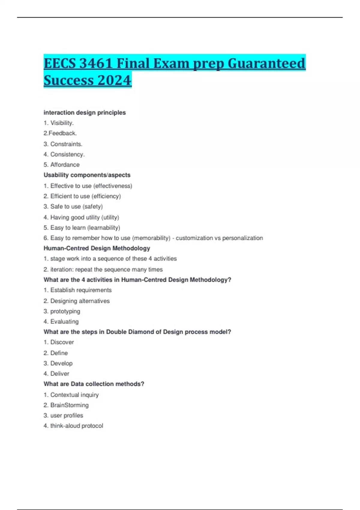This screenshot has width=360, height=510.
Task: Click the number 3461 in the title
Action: pyautogui.click(x=96, y=63)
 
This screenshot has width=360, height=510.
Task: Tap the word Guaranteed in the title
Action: pyautogui.click(x=266, y=63)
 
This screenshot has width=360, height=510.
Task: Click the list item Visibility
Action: pyautogui.click(x=62, y=123)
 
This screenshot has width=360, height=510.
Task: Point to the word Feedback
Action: pyautogui.click(x=63, y=133)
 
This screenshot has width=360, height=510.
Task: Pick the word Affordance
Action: pyautogui.click(x=65, y=165)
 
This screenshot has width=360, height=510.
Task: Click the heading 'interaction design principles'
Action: pyautogui.click(x=85, y=112)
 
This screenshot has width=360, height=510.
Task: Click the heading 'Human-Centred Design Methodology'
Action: pyautogui.click(x=97, y=248)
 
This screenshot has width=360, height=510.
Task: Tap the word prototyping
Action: pyautogui.click(x=65, y=311)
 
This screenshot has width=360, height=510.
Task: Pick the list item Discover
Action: pyautogui.click(x=62, y=342)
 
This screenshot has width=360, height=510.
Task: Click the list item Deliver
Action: pyautogui.click(x=60, y=373)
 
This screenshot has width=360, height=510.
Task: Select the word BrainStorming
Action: pyautogui.click(x=69, y=405)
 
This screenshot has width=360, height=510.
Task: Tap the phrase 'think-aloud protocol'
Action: pyautogui.click(x=76, y=426)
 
